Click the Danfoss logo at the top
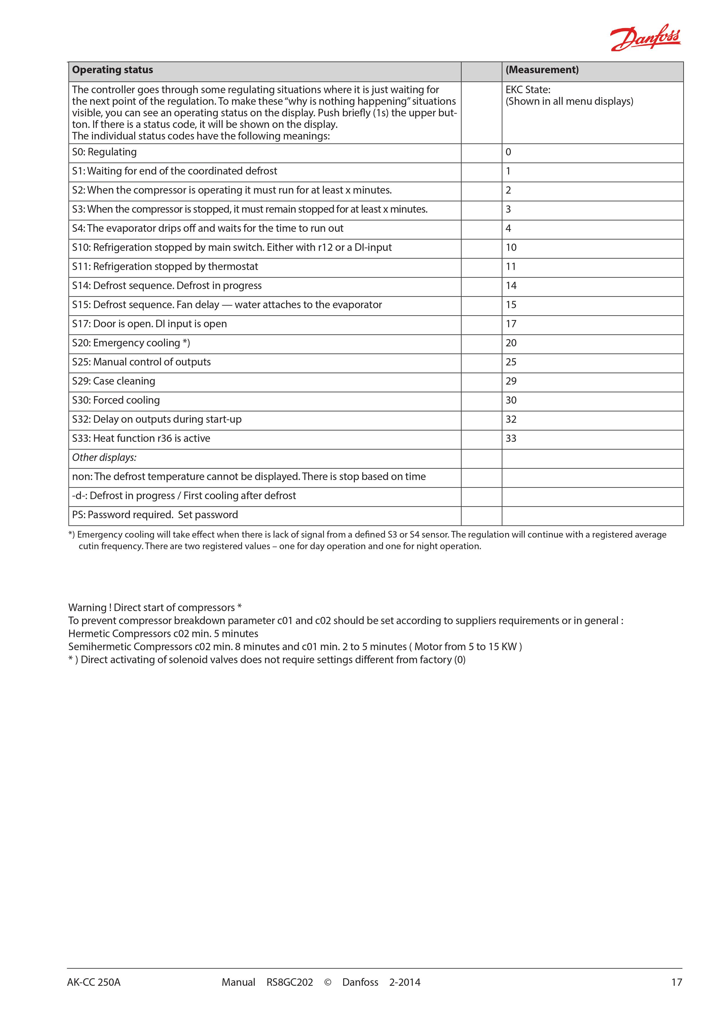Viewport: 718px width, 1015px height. [x=645, y=38]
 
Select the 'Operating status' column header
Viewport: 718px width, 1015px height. [x=113, y=70]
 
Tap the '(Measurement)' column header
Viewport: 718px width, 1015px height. [x=542, y=70]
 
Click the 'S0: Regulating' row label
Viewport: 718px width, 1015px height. [x=104, y=152]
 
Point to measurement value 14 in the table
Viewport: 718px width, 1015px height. [x=511, y=286]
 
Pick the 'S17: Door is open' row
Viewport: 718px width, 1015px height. [x=149, y=324]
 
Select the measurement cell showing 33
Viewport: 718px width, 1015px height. [x=511, y=439]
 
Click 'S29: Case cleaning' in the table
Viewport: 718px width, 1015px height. [x=114, y=381]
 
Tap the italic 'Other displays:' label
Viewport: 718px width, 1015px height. [x=104, y=457]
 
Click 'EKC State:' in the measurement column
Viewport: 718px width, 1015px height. [x=528, y=90]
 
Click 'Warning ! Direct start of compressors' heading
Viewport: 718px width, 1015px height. [x=155, y=607]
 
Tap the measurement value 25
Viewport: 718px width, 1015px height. [x=511, y=362]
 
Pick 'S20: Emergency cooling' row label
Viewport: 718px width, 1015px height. [x=131, y=343]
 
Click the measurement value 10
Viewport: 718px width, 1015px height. [x=511, y=248]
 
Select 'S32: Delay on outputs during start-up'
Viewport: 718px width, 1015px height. [x=157, y=420]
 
